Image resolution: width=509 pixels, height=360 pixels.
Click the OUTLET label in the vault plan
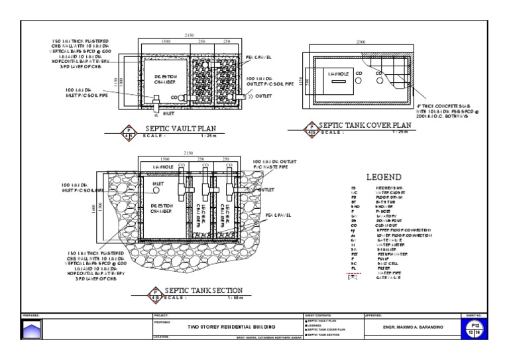click(264, 96)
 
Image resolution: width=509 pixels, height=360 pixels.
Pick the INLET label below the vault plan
click(168, 113)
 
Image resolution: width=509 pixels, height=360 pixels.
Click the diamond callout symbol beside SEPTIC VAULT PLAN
click(129, 131)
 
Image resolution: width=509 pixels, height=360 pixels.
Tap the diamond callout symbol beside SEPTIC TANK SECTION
click(156, 292)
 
